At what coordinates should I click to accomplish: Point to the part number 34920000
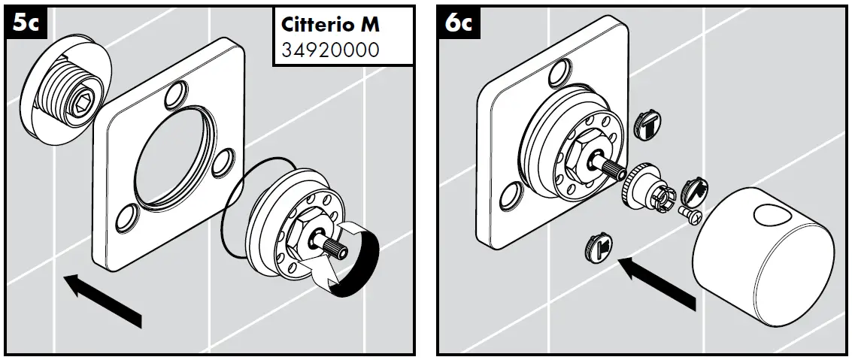[x=330, y=50]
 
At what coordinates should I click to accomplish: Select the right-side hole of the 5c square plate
[x=222, y=161]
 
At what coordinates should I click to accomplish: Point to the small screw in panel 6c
[x=690, y=216]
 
